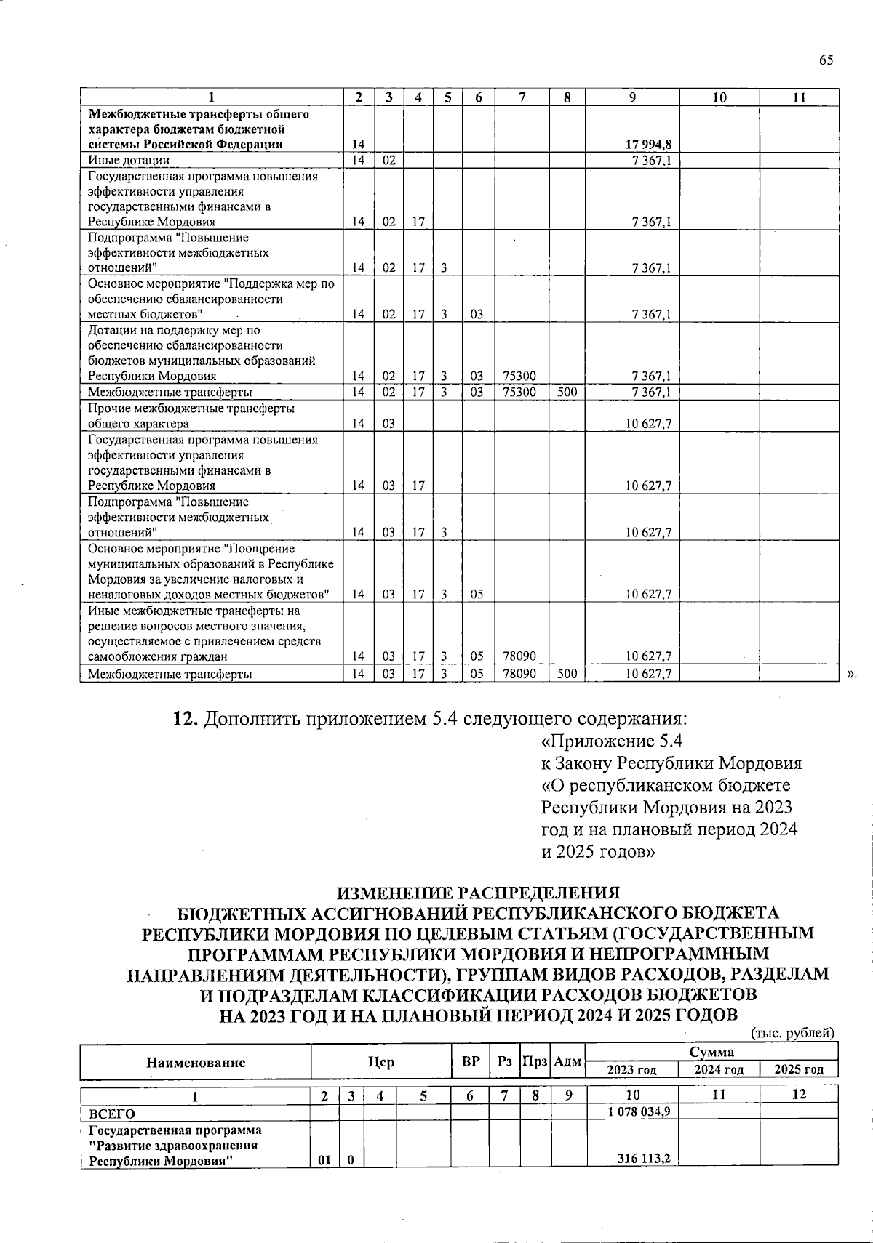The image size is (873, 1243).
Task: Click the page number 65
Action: (825, 60)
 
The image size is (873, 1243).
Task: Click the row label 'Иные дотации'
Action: (129, 161)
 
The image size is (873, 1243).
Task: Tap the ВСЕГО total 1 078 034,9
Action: (638, 1112)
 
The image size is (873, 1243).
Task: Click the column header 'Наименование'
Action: (196, 1062)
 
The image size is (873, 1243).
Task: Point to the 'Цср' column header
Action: (381, 1062)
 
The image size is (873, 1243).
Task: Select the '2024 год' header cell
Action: (718, 1069)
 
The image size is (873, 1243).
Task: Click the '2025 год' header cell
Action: (799, 1069)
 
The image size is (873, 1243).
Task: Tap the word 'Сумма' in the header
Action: (711, 1052)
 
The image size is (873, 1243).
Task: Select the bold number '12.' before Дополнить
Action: (185, 720)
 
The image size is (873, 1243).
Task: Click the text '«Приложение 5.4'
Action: (612, 741)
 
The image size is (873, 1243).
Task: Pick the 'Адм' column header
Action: (567, 1062)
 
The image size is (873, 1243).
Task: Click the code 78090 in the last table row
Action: (519, 674)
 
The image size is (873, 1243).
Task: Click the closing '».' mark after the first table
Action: (853, 675)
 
